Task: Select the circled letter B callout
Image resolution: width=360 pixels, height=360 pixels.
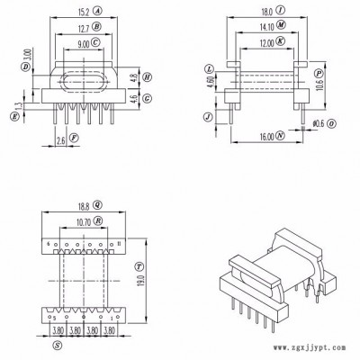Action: point(96,27)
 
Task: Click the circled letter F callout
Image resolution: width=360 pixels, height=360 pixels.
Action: point(73,139)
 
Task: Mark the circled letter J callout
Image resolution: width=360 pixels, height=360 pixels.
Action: point(210,115)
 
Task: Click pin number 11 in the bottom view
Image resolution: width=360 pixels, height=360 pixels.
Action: point(120,245)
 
